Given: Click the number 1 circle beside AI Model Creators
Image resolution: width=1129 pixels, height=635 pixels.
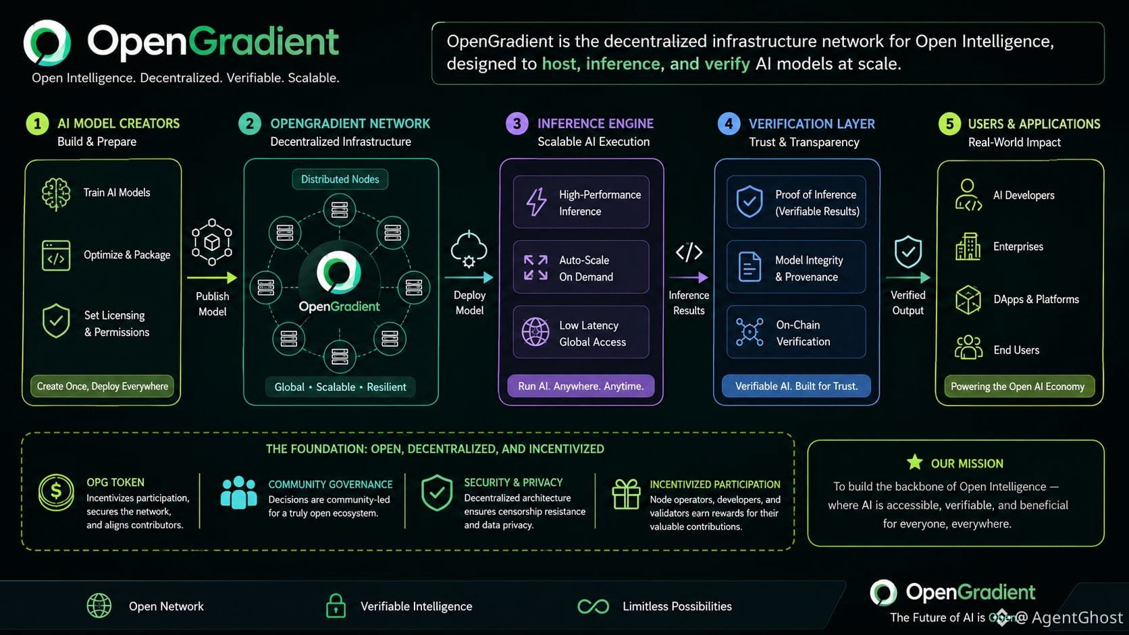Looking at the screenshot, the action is coord(37,123).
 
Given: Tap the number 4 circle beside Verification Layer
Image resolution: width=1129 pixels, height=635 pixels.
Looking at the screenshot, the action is coord(729,124).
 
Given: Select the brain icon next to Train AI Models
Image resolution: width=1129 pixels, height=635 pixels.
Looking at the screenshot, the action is coord(55,194).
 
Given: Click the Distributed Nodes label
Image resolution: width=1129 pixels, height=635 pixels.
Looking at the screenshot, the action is coord(340,180).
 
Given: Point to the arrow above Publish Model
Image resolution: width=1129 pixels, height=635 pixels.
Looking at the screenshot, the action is coord(212,277).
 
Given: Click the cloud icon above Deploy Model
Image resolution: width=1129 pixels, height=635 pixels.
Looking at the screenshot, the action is coord(469,249).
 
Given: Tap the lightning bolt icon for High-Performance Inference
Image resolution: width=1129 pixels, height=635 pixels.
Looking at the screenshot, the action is coord(535,202).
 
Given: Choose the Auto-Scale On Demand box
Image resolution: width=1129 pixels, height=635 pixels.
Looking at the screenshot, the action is coord(581,267).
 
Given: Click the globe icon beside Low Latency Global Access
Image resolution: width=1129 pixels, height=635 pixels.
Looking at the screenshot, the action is coord(535,332).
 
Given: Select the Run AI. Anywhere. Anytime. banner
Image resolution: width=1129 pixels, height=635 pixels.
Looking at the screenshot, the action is coord(581,386).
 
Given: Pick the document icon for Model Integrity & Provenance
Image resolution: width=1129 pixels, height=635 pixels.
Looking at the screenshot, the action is coord(750,267).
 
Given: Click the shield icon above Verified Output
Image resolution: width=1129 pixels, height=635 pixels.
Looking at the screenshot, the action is coord(908,252).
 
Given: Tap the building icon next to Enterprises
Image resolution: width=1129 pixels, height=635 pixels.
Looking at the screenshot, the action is coord(968,246).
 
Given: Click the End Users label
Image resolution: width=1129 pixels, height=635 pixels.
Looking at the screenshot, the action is coord(1016,350).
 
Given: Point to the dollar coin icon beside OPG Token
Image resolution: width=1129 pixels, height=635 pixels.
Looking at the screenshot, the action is coord(56,492).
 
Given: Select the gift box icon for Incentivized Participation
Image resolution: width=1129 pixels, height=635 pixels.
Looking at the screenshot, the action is coord(626,494).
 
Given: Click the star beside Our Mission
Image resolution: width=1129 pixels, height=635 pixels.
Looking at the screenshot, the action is coord(915,462).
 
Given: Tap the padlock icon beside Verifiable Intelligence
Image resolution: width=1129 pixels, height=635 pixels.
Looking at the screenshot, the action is coord(336,605).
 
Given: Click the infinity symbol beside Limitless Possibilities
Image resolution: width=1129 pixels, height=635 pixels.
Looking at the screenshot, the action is coord(594,606).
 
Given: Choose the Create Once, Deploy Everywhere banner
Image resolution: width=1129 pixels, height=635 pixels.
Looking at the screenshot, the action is coord(103,386).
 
